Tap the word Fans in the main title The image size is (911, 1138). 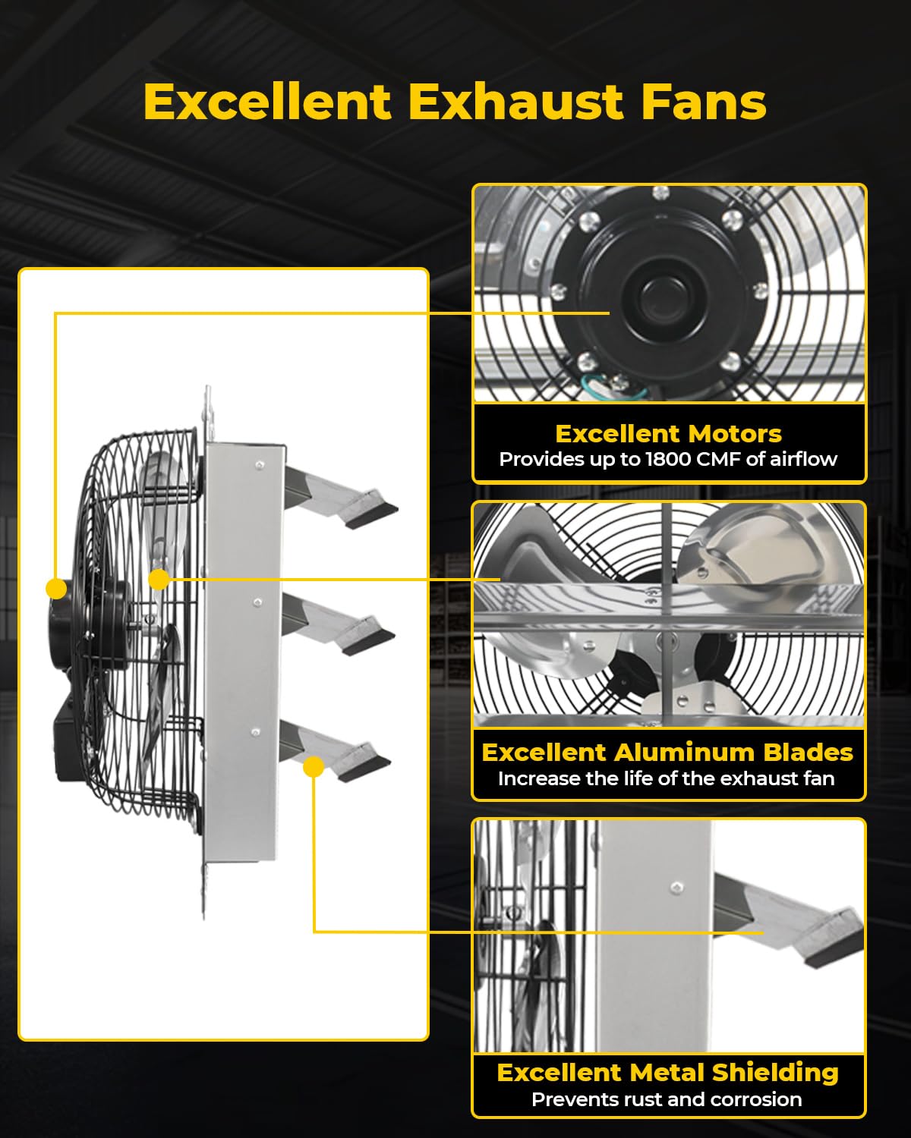coord(704,102)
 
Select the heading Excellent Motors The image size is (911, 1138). coord(668,433)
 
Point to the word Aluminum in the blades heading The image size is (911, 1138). coord(683,752)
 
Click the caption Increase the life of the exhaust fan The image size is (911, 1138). coord(666,778)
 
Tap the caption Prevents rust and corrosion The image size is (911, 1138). coord(666,1099)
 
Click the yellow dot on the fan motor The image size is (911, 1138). coord(56,589)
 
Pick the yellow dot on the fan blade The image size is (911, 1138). coord(159,580)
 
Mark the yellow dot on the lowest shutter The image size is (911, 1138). coord(314,767)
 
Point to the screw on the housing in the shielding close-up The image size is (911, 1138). coord(676,886)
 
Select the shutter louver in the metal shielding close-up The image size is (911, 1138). coord(797,922)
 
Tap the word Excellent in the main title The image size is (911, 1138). coord(267,102)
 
